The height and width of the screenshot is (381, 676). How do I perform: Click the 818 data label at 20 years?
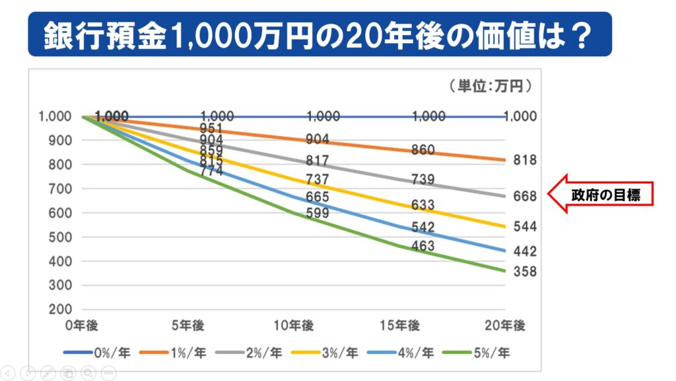click(x=525, y=161)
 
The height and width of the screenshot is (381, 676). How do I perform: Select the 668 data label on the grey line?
click(x=525, y=196)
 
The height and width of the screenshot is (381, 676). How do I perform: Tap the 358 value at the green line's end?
click(x=525, y=272)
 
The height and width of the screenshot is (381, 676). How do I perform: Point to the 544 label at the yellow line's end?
click(x=525, y=227)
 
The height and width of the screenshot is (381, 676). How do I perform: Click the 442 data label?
click(x=525, y=251)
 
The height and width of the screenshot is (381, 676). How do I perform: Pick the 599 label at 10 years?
click(x=318, y=213)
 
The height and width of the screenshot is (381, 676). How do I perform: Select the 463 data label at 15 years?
click(x=422, y=247)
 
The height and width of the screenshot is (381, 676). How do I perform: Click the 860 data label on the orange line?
click(x=422, y=150)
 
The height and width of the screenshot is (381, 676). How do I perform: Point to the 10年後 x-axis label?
click(x=294, y=325)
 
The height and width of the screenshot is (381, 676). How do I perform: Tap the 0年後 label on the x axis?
click(x=82, y=325)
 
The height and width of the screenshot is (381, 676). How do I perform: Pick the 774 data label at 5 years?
click(x=212, y=171)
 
